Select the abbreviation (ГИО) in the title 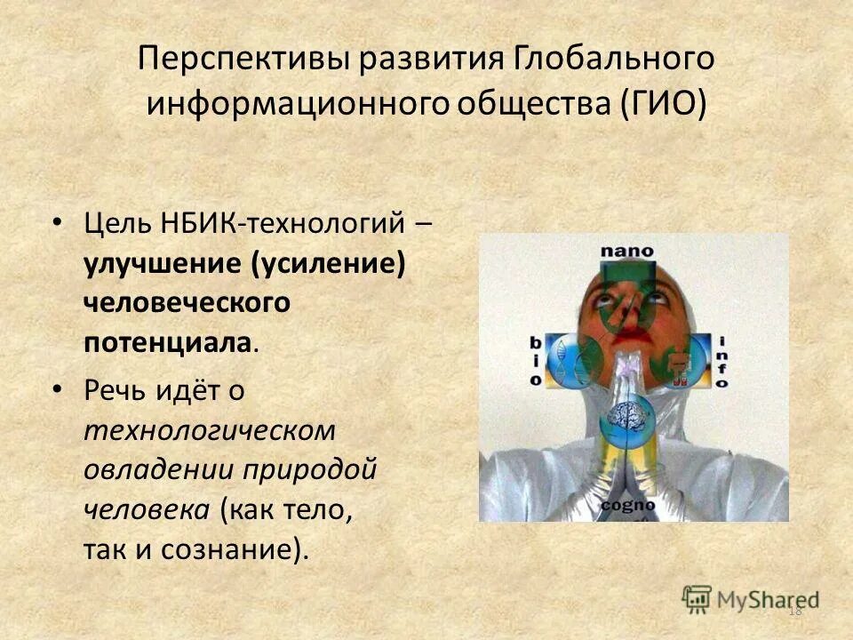(658, 102)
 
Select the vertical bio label (536, 360)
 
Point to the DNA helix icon (565, 359)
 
